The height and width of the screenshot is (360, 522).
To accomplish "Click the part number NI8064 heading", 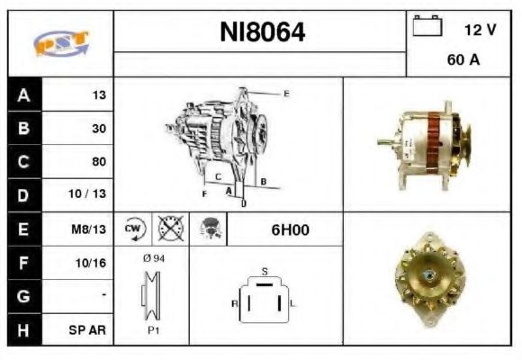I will point(263,33).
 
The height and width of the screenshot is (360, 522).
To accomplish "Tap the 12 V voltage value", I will point(480,30).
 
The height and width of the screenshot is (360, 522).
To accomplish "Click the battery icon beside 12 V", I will point(427,27).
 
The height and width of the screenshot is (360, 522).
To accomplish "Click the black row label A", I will point(22,95).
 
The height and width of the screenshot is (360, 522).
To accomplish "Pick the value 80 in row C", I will point(98,162).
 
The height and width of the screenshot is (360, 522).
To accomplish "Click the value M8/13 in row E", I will point(91,229).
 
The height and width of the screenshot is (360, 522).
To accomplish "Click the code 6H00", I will point(290,229).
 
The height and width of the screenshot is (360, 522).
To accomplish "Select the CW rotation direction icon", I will point(134,229).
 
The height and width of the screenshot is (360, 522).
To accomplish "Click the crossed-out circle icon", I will point(168,229).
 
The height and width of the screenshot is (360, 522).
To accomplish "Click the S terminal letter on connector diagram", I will point(264,271).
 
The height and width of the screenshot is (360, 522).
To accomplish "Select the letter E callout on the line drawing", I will point(286,94).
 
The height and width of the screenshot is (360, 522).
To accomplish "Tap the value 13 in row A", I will point(99,95).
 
